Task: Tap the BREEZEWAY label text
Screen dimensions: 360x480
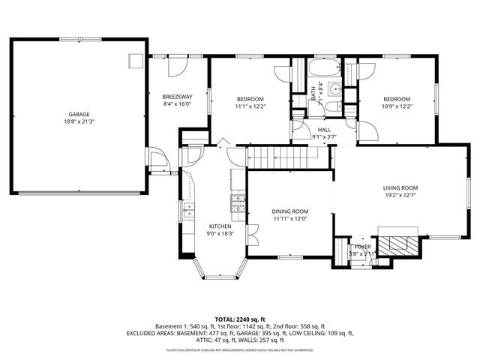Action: pos(178,97)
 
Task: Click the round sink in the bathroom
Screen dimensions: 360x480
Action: pos(337,91)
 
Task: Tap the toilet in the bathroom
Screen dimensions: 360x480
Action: pos(330,108)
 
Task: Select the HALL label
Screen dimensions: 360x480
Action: pos(324,130)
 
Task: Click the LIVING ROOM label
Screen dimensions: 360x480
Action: pos(400,188)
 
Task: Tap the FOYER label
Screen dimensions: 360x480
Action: pos(363,247)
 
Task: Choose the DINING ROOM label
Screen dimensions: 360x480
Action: pos(290,212)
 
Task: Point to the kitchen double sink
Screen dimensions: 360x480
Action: pos(188,209)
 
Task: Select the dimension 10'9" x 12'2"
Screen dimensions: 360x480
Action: pos(397,106)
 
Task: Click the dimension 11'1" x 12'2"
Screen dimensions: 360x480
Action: pos(250,106)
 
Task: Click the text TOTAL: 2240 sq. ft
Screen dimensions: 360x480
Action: pos(240,319)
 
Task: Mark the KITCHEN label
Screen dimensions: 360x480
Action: pos(220,226)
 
